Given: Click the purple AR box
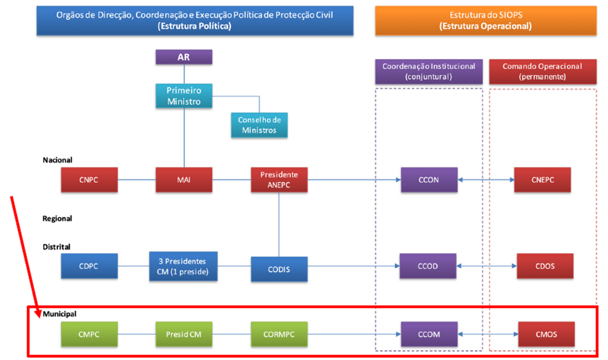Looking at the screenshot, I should [183, 57].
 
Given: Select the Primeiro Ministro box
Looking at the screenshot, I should [183, 96].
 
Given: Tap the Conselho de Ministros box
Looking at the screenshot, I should [259, 125].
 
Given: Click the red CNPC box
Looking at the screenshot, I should [89, 180].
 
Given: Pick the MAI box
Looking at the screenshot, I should [183, 180].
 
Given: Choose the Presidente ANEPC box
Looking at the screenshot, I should [279, 180].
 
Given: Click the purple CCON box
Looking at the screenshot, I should [429, 180].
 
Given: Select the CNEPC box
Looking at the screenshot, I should [542, 180].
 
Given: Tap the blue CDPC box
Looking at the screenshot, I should [89, 266].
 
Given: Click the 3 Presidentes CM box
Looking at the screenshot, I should [183, 266].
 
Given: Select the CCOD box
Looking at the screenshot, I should [427, 266].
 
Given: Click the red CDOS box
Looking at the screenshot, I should [544, 266].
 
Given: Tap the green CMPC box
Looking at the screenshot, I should [89, 334].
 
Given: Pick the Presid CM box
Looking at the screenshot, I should [183, 334].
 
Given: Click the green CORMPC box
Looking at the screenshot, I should [279, 334].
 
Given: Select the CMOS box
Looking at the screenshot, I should [546, 334].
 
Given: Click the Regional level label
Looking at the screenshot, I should [58, 219].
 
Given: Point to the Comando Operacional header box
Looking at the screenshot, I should [542, 71].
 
